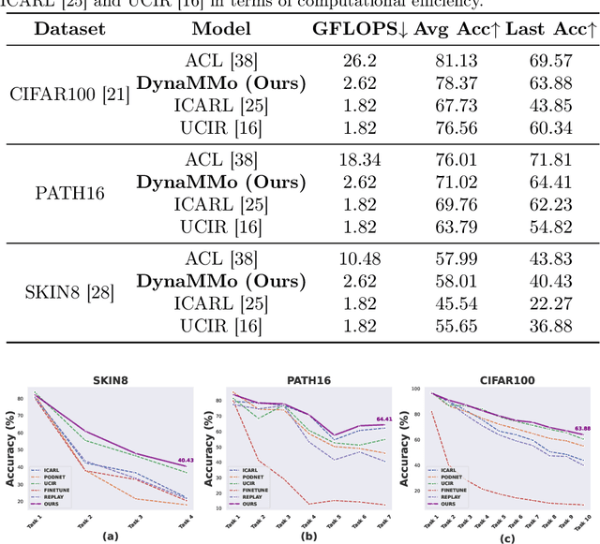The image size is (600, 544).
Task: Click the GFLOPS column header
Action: click(x=361, y=29)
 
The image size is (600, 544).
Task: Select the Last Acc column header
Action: click(x=552, y=29)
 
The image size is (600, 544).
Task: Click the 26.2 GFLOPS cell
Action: click(x=360, y=61)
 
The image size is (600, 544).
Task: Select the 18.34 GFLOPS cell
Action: click(x=360, y=159)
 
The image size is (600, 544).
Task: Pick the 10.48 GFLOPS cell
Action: click(x=360, y=255)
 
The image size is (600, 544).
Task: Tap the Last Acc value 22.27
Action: click(x=551, y=303)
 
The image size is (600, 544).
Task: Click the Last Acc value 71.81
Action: click(x=551, y=159)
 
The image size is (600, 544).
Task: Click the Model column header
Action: click(x=221, y=29)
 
